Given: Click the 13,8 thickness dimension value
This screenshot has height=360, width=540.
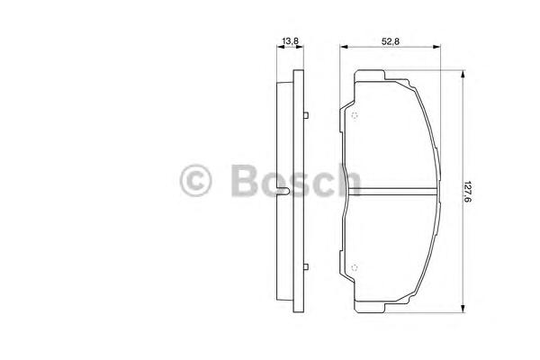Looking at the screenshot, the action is [x=290, y=41].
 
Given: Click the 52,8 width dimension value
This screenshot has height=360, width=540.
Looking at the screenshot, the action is [x=391, y=41].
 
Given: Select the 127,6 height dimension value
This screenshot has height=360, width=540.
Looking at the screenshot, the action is [x=467, y=192].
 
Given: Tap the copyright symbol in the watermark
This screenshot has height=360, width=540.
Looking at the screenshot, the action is [x=195, y=181].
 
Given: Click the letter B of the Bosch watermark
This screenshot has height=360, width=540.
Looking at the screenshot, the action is [x=245, y=180].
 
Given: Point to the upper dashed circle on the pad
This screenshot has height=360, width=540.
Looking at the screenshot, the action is [x=354, y=115].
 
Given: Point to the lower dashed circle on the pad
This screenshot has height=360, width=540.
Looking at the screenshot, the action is [x=354, y=267].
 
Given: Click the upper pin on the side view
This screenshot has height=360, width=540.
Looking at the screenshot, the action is [x=306, y=115].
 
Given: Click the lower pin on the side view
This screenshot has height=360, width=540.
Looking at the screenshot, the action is [x=306, y=267].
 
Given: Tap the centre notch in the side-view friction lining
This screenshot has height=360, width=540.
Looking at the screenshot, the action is [x=283, y=192].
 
